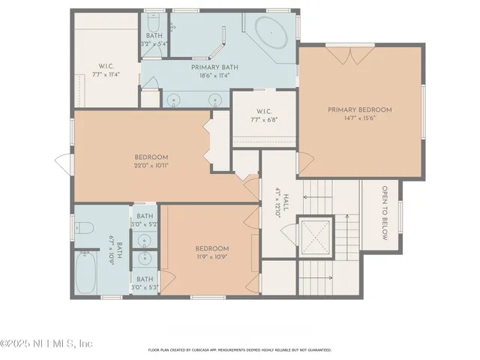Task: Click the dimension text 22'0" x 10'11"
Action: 151,165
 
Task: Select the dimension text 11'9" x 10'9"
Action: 211,256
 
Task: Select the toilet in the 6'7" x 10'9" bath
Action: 84,229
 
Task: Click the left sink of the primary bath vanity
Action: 175,98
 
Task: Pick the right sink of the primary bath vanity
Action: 216,98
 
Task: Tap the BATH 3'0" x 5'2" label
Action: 145,220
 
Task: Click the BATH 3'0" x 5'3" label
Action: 145,283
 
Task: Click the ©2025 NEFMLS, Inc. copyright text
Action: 46,343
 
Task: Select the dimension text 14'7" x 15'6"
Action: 359,118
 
